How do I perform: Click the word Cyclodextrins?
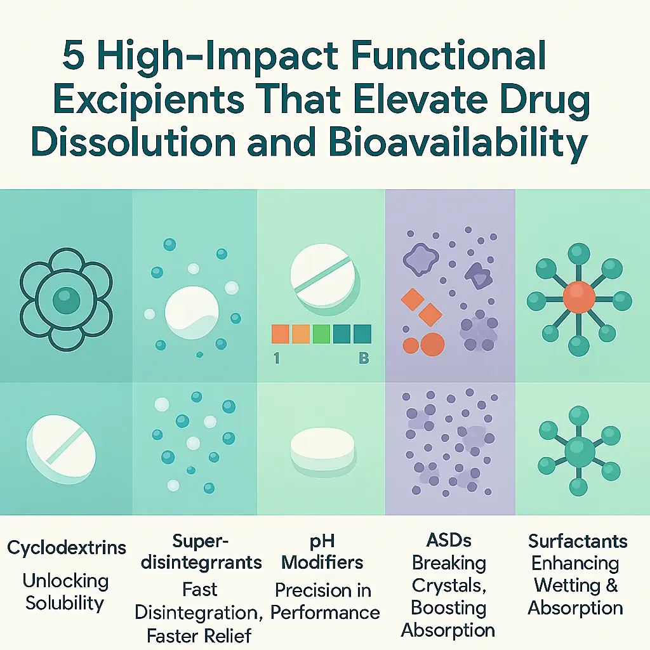[x=67, y=548]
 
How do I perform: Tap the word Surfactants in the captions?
[x=578, y=541]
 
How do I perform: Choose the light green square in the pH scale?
[x=321, y=334]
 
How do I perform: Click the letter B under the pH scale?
[x=364, y=358]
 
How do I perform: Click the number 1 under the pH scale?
[x=276, y=358]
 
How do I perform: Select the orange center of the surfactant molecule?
[x=579, y=296]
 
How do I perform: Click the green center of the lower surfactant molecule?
[x=579, y=451]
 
